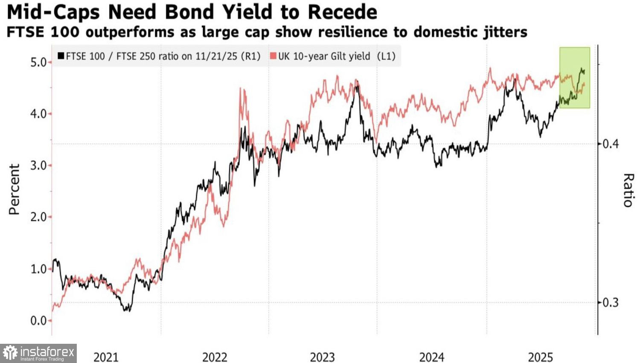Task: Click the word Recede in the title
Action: (342, 12)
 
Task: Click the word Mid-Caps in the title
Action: (53, 12)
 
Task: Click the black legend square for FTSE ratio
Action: (61, 56)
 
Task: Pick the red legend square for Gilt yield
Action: (273, 56)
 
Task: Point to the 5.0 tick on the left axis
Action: (38, 62)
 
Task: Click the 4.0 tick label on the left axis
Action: (38, 114)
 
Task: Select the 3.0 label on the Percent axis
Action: (38, 166)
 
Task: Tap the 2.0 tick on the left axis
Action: (38, 217)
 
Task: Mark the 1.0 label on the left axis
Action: (38, 269)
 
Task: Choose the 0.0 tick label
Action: (38, 321)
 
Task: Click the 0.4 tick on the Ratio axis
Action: (610, 144)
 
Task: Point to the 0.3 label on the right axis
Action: (610, 303)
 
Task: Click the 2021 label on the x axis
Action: (106, 357)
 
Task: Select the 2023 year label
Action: (322, 357)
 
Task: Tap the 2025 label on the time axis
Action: (540, 357)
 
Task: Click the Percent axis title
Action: (15, 189)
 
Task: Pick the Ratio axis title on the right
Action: (628, 190)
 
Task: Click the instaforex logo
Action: (38, 353)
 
